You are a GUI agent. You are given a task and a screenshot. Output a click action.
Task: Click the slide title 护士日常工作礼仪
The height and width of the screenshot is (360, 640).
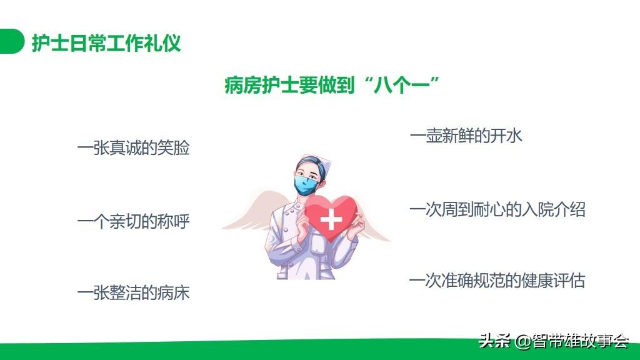click(106, 42)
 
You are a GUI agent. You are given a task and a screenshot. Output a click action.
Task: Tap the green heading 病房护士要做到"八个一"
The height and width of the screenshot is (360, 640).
click(331, 85)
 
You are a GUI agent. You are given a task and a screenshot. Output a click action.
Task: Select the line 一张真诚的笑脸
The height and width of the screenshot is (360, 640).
click(134, 147)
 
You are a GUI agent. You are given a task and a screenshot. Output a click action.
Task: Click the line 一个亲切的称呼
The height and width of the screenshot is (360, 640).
click(134, 222)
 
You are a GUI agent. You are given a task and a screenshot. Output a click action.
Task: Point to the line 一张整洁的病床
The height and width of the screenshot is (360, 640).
click(134, 292)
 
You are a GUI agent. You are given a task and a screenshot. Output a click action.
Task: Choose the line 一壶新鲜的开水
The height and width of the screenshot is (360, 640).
click(466, 136)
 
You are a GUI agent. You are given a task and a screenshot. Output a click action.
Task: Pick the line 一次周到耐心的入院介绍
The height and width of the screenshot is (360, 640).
click(497, 210)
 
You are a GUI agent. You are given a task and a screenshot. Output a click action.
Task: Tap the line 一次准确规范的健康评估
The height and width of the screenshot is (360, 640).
click(497, 281)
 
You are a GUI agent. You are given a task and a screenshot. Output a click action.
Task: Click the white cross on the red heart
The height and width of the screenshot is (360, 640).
click(331, 219)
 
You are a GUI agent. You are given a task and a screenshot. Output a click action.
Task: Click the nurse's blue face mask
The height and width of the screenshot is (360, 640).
click(306, 185)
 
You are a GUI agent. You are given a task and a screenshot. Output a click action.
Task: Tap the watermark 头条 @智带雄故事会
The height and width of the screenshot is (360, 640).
click(554, 341)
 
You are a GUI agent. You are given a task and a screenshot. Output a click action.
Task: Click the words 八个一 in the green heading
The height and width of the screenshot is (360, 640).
click(402, 85)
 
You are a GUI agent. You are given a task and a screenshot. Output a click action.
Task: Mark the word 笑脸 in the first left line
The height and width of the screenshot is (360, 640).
click(174, 147)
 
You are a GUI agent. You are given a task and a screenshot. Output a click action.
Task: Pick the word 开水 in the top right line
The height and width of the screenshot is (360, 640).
click(506, 136)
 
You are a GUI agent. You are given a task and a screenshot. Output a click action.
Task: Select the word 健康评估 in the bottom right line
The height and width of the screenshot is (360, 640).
click(554, 281)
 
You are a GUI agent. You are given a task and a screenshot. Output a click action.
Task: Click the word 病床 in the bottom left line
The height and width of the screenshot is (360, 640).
click(174, 292)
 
